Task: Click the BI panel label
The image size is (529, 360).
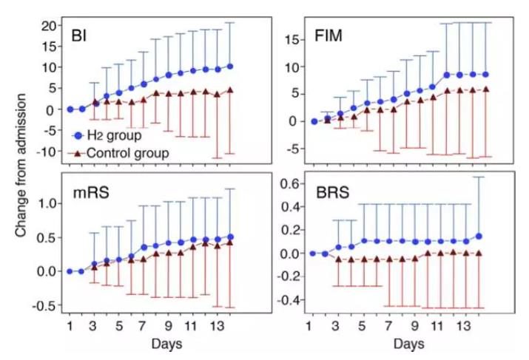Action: point(80,35)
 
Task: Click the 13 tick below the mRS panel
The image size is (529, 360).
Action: point(216,325)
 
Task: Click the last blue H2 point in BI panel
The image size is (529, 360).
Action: point(230,67)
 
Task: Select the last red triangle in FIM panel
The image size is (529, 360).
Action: point(485,89)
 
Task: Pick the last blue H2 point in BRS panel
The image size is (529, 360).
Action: point(479,236)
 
